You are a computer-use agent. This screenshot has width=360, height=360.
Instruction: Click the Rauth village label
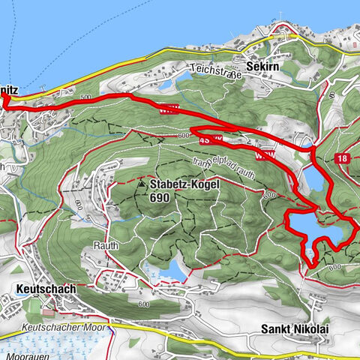point(106,245)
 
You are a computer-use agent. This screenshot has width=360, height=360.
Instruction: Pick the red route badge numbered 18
point(343,158)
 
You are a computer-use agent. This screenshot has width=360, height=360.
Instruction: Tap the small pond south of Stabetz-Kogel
point(172,268)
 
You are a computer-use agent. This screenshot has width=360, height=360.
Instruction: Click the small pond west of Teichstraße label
point(184,76)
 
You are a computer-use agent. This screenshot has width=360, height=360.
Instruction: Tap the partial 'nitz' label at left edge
point(13,89)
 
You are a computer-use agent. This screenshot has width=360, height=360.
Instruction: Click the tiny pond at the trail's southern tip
point(310,259)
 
